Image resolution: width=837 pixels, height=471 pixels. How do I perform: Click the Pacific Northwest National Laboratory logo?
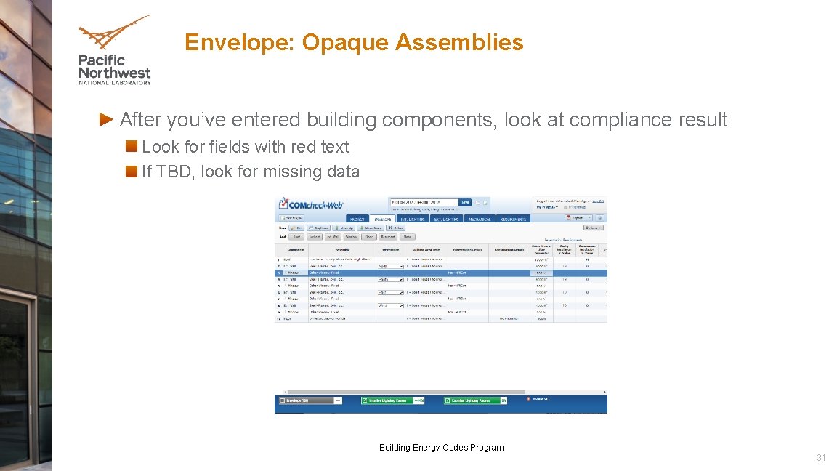(115, 51)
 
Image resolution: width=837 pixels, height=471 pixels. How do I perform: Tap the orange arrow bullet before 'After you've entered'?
(106, 118)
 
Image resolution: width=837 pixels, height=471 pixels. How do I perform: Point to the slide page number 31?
(821, 458)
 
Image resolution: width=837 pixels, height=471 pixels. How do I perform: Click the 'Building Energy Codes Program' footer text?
(441, 448)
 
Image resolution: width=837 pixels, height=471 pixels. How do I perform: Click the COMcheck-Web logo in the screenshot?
(311, 205)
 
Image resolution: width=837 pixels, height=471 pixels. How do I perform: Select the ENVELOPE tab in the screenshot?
(383, 219)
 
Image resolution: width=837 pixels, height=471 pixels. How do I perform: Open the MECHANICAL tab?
(479, 219)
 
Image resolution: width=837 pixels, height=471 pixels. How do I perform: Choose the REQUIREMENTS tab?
(513, 219)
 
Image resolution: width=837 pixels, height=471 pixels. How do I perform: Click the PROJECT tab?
(357, 219)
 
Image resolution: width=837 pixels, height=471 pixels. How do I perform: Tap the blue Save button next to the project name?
(465, 202)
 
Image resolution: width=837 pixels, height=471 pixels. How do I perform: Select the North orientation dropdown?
(390, 266)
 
